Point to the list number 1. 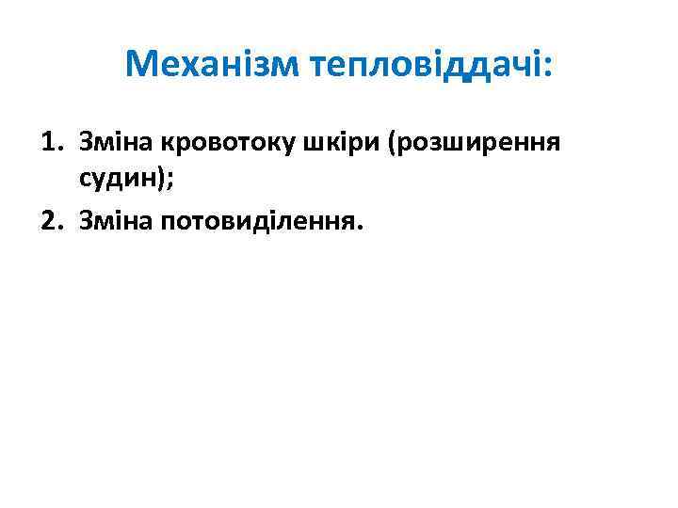(49, 143)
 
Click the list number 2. (49, 222)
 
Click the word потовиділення (264, 222)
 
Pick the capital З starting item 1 (88, 143)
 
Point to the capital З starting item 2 (88, 222)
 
